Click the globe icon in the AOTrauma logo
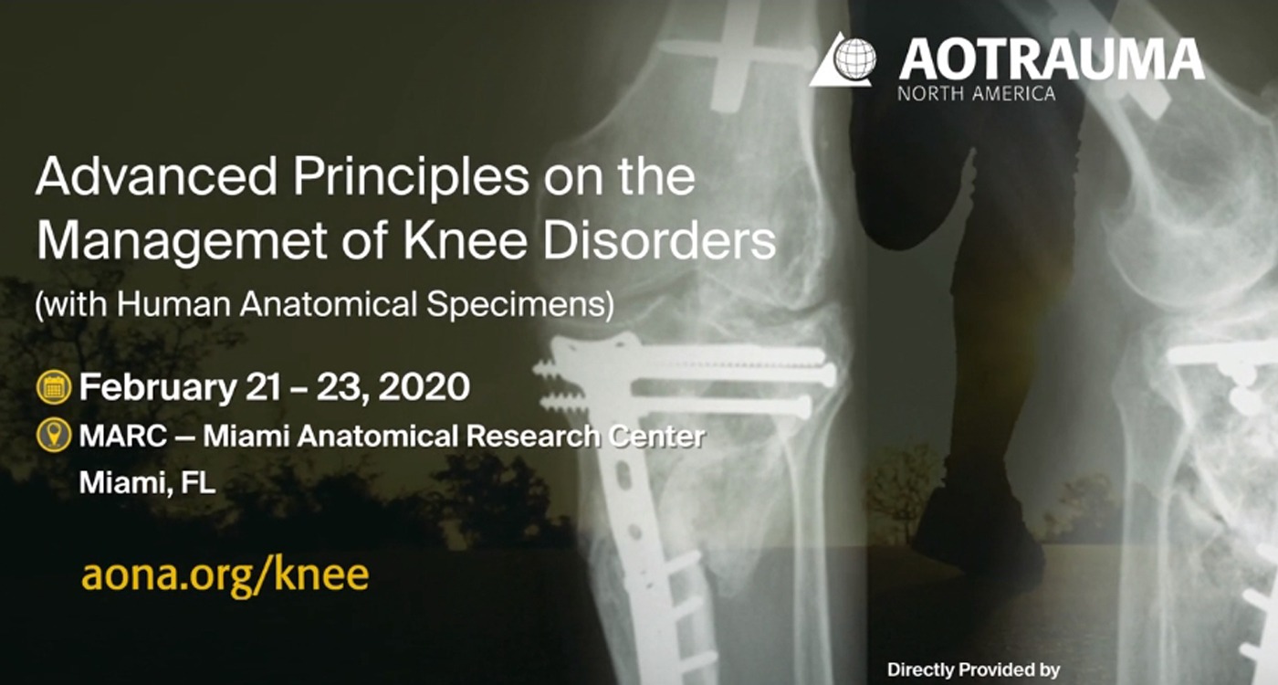point(854,58)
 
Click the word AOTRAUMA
point(1052,59)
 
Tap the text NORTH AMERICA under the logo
point(976,93)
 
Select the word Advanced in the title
point(156,176)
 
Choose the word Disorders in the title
point(659,239)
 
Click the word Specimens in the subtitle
point(519,305)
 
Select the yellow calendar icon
point(54,387)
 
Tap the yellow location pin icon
point(54,437)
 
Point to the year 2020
point(424,387)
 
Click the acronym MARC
point(122,437)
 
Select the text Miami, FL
point(147,483)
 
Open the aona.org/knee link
point(225,576)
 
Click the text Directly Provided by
point(973,669)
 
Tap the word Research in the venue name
point(533,437)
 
